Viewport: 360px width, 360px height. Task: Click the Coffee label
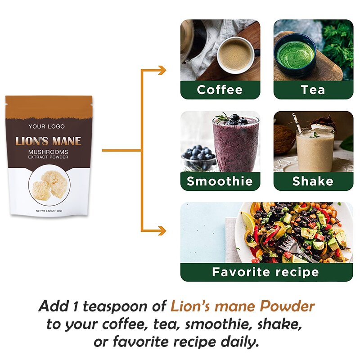[x=220, y=90]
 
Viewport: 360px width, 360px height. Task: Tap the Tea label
[x=313, y=90]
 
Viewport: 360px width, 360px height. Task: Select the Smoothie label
[x=220, y=181]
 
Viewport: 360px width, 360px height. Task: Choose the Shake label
[x=313, y=181]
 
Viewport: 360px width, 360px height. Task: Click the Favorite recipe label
[x=266, y=272]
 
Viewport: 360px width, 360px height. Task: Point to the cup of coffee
[x=235, y=55]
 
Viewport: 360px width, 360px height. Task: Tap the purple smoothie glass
[x=235, y=144]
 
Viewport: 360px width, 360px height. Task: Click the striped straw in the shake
[x=298, y=122]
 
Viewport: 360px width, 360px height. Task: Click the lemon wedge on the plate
[x=248, y=220]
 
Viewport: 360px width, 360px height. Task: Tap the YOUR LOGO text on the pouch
[x=47, y=127]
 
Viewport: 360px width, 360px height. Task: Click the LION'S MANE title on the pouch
[x=49, y=141]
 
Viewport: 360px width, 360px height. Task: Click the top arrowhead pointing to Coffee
[x=162, y=70]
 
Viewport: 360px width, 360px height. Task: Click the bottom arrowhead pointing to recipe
[x=162, y=230]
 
